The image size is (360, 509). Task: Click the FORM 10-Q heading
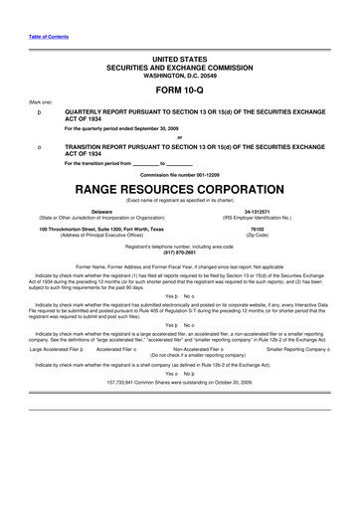[179, 89]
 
